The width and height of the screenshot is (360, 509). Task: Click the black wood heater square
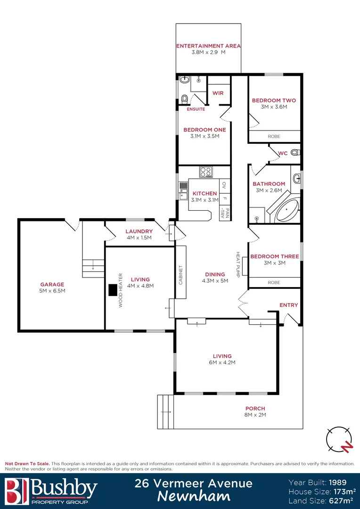pyautogui.click(x=113, y=290)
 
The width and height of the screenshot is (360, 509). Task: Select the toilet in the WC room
pyautogui.click(x=295, y=153)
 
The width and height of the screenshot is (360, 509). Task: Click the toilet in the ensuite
pyautogui.click(x=184, y=99)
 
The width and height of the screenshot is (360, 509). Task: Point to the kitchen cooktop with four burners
pyautogui.click(x=206, y=172)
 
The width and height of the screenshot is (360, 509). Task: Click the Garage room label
pyautogui.click(x=52, y=284)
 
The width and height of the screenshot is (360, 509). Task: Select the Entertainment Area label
pyautogui.click(x=208, y=46)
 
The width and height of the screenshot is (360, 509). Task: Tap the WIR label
pyautogui.click(x=218, y=93)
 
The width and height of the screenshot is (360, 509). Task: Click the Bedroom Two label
pyautogui.click(x=274, y=100)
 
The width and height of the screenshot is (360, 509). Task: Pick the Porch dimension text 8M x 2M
pyautogui.click(x=255, y=415)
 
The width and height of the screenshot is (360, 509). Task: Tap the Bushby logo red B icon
pyautogui.click(x=16, y=491)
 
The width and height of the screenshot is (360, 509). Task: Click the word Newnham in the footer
pyautogui.click(x=193, y=496)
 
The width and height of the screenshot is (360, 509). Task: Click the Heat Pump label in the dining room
pyautogui.click(x=238, y=264)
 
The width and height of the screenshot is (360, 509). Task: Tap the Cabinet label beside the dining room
pyautogui.click(x=180, y=275)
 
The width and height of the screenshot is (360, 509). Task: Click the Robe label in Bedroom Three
pyautogui.click(x=274, y=282)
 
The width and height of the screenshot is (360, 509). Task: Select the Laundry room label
pyautogui.click(x=139, y=231)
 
